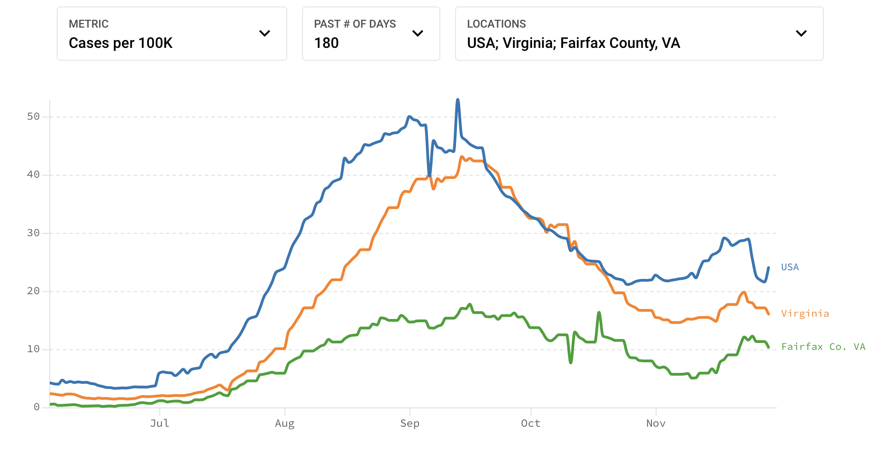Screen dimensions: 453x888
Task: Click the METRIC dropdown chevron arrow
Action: [265, 33]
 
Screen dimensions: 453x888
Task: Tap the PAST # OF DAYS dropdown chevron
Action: [418, 33]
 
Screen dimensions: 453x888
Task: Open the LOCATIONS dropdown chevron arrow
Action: [801, 33]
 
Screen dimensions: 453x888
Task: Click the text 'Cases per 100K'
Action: [120, 43]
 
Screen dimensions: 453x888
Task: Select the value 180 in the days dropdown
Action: [326, 43]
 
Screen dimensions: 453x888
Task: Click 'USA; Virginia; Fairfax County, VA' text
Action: [573, 43]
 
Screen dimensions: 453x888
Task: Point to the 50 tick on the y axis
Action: [33, 116]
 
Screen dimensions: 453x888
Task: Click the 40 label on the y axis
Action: [33, 174]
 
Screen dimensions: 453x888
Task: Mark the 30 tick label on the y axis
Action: [33, 233]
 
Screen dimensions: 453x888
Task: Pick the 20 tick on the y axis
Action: [33, 291]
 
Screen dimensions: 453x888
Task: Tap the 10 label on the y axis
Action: [33, 349]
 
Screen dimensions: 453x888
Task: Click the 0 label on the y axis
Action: [36, 407]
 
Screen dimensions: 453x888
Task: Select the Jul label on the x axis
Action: [160, 424]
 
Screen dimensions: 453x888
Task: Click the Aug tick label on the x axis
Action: [284, 424]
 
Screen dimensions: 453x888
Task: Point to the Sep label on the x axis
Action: [410, 424]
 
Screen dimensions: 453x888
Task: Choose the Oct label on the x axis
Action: [531, 424]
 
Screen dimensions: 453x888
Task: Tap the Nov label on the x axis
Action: [656, 424]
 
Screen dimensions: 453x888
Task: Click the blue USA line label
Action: [790, 267]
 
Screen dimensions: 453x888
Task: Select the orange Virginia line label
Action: [805, 314]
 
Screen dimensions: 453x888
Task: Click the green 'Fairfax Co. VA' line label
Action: [823, 347]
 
